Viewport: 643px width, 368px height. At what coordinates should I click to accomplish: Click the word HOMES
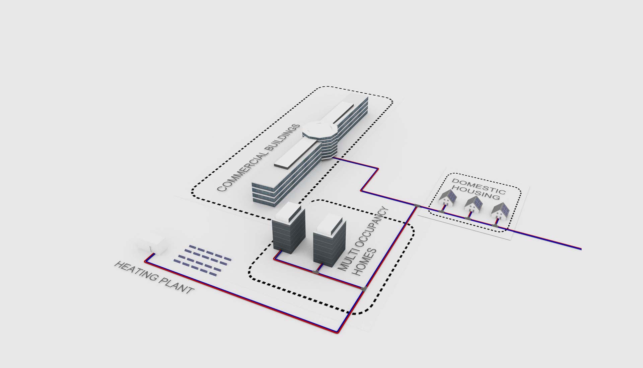(x=365, y=262)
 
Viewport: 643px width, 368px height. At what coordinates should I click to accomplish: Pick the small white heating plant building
(x=152, y=245)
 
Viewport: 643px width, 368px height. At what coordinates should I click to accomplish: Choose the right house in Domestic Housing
(x=500, y=211)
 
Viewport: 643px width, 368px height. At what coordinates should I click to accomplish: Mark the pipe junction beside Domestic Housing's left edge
(x=417, y=206)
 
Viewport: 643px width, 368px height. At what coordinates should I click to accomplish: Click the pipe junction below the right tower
(x=316, y=272)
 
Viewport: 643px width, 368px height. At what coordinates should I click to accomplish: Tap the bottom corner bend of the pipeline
(x=338, y=332)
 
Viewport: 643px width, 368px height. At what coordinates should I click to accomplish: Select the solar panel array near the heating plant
(x=202, y=260)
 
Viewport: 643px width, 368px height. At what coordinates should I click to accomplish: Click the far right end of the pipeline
(x=581, y=249)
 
